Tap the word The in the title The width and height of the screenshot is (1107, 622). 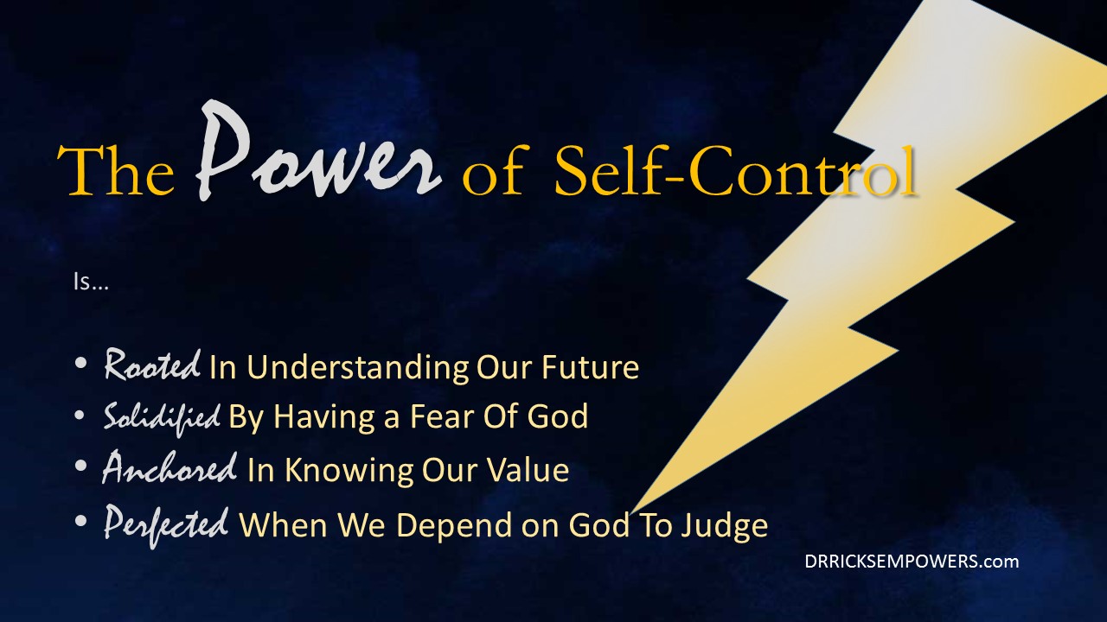point(116,170)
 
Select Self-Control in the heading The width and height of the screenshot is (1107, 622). point(735,170)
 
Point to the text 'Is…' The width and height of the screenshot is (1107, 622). point(91,282)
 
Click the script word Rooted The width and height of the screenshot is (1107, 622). point(152,365)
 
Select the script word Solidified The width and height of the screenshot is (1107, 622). point(162,417)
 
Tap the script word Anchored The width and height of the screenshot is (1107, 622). point(170,467)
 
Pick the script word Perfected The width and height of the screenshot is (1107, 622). point(166,526)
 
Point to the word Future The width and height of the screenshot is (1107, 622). point(591,367)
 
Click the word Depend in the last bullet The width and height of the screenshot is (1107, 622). point(454,526)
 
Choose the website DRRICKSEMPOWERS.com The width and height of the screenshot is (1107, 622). point(912,562)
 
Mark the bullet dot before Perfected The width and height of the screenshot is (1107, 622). point(80,520)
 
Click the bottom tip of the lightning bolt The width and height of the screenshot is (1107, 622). point(630,514)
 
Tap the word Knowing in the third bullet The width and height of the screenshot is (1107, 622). point(349,470)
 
